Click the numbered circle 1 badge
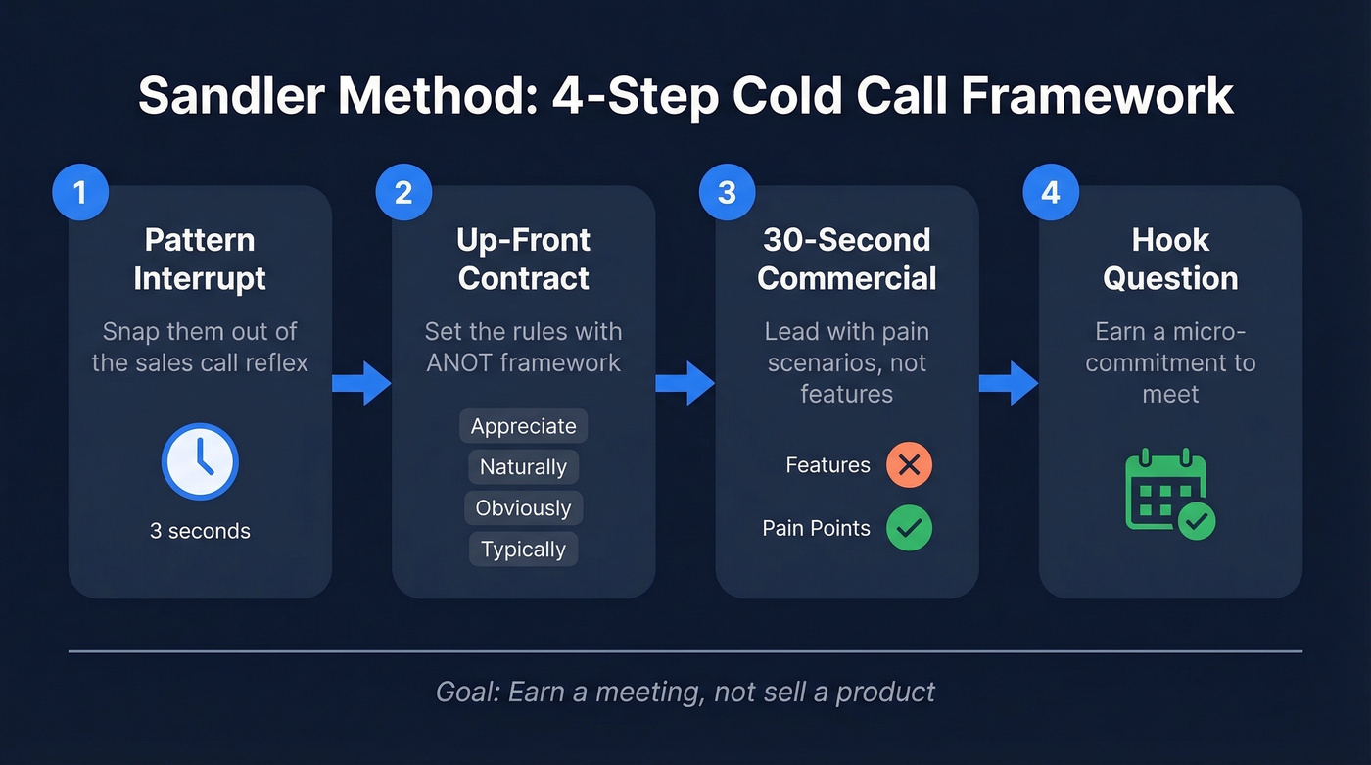[79, 191]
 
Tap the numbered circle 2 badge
[403, 191]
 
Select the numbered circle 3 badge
[727, 191]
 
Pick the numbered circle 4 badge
[1051, 191]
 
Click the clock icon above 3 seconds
[200, 461]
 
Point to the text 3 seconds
[200, 531]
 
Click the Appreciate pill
[523, 426]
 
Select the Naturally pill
[523, 467]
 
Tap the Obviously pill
[523, 508]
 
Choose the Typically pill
[523, 550]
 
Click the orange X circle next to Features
[909, 465]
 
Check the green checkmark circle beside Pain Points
[909, 528]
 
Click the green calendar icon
[1169, 494]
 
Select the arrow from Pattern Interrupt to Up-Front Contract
[361, 382]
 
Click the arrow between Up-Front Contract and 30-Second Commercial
[685, 382]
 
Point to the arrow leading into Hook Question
[1009, 382]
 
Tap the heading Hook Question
[1170, 259]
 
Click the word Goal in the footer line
[465, 692]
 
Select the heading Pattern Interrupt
[200, 259]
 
